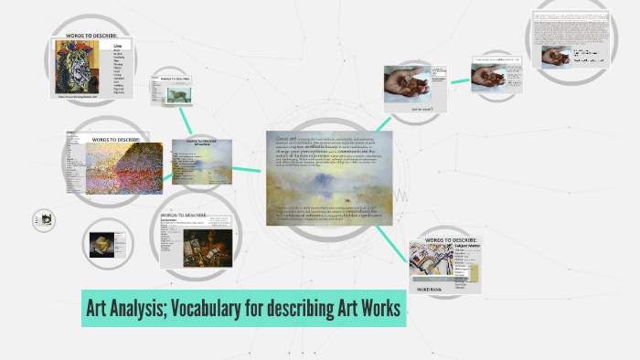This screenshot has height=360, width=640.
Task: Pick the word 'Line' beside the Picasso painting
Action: pos(117,44)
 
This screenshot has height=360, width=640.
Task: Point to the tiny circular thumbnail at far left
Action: pos(44,219)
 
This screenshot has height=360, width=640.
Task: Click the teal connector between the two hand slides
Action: pos(458,80)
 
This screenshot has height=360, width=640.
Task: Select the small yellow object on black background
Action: pos(100,243)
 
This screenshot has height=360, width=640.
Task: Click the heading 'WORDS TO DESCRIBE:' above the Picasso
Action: pos(92,36)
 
